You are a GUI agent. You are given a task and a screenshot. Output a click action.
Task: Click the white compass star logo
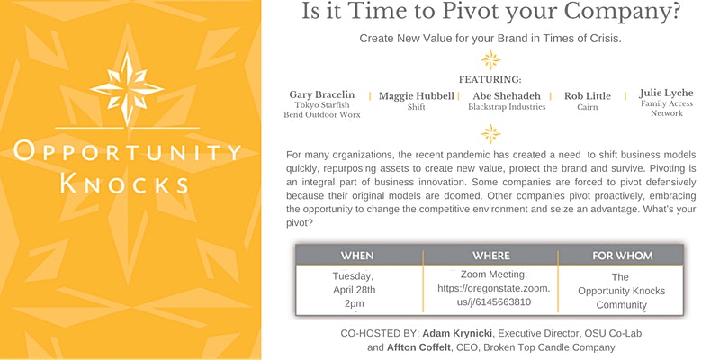pyautogui.click(x=127, y=88)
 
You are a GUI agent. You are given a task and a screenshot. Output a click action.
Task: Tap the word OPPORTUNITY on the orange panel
pyautogui.click(x=127, y=151)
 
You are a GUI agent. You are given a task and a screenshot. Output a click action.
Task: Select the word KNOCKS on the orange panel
pyautogui.click(x=124, y=184)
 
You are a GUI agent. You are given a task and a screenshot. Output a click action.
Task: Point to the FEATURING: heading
pyautogui.click(x=490, y=80)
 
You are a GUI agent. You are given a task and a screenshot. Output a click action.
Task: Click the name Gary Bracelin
pyautogui.click(x=322, y=94)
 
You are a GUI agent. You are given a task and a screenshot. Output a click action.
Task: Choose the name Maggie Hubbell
pyautogui.click(x=417, y=96)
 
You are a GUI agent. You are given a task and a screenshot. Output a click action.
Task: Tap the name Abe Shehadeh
pyautogui.click(x=507, y=96)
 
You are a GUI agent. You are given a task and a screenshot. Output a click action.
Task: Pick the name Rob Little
pyautogui.click(x=588, y=96)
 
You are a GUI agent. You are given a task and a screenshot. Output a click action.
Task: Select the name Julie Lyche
pyautogui.click(x=666, y=94)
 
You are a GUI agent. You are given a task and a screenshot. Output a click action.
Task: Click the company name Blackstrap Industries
pyautogui.click(x=507, y=107)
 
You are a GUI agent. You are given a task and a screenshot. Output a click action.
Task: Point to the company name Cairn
pyautogui.click(x=588, y=107)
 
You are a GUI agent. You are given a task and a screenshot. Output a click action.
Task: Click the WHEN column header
pyautogui.click(x=356, y=256)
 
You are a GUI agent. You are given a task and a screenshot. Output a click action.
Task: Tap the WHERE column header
pyautogui.click(x=491, y=256)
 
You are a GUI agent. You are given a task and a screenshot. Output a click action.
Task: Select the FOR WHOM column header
pyautogui.click(x=622, y=256)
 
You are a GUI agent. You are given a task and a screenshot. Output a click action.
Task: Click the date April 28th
pyautogui.click(x=354, y=290)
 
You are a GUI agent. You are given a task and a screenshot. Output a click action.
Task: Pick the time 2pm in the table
pyautogui.click(x=354, y=303)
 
